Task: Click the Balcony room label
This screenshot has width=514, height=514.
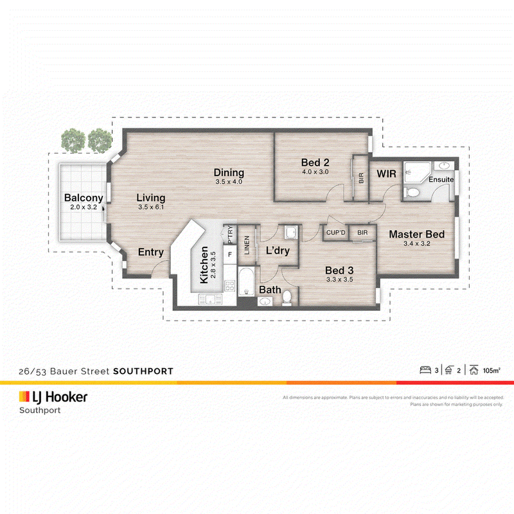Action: coord(84,198)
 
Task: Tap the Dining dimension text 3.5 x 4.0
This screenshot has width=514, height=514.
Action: coord(229,182)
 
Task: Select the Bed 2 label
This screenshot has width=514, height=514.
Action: coord(315,163)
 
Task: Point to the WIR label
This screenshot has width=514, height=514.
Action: coord(387,173)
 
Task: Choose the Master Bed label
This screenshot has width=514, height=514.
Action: coord(416,234)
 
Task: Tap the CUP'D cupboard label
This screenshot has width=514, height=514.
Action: coord(335,233)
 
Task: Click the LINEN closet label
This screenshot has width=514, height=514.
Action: coord(247,245)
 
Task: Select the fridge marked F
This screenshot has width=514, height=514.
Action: coord(230,254)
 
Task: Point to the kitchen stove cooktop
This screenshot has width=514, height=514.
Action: coord(229,286)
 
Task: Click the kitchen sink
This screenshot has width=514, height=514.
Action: coord(210,299)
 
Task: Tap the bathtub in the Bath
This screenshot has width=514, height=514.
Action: coord(246,281)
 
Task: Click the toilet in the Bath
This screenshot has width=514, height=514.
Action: coord(287,297)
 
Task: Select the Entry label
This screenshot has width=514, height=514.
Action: coord(151,252)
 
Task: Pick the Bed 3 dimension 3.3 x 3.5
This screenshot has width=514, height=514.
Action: coord(340,279)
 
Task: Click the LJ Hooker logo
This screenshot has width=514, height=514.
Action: coord(53,397)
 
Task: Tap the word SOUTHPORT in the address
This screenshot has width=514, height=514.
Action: coord(143,371)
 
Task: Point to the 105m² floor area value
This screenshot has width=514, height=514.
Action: coord(492,371)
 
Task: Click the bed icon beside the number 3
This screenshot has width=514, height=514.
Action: coord(425,370)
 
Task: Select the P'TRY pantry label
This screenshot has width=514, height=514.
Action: coord(230,234)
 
